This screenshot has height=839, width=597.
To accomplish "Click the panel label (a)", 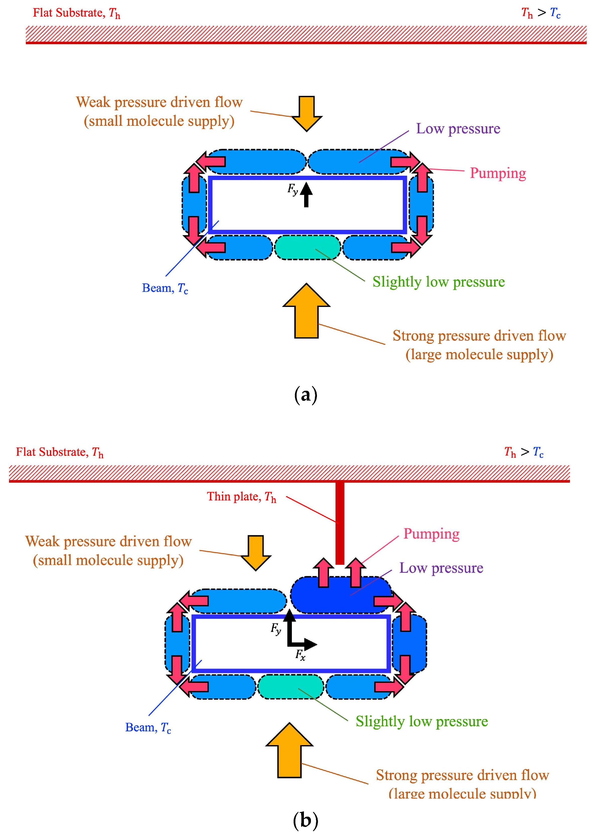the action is (x=306, y=396).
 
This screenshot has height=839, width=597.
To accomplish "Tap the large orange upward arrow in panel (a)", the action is (x=306, y=311).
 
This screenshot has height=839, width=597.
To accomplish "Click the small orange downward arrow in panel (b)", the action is (x=256, y=553).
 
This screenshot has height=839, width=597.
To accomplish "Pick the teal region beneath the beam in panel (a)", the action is (x=308, y=247).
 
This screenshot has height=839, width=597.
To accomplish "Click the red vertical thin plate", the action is (x=340, y=523).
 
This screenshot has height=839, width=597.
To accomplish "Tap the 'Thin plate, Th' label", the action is (x=241, y=497).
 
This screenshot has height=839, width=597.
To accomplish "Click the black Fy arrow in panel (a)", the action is (x=306, y=195).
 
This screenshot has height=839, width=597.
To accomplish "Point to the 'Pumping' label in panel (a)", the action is (x=498, y=173).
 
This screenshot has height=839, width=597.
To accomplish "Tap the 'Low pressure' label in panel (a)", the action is (x=458, y=129).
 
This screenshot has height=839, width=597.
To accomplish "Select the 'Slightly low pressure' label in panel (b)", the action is (x=422, y=721).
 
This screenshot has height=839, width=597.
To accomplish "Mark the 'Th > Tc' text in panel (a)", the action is (x=541, y=13).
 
